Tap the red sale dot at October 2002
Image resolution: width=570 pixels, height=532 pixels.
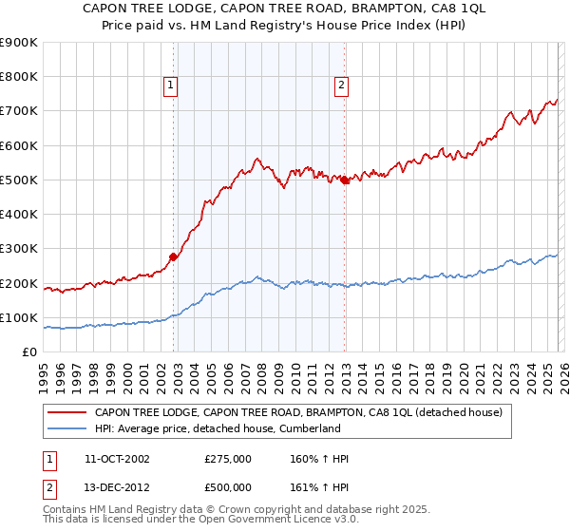[x=174, y=256]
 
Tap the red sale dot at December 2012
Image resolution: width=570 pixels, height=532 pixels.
[x=345, y=180]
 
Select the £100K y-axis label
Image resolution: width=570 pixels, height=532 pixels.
[x=19, y=317]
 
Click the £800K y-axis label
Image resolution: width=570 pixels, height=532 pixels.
[x=19, y=77]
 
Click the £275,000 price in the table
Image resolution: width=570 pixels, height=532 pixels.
[x=228, y=459]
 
